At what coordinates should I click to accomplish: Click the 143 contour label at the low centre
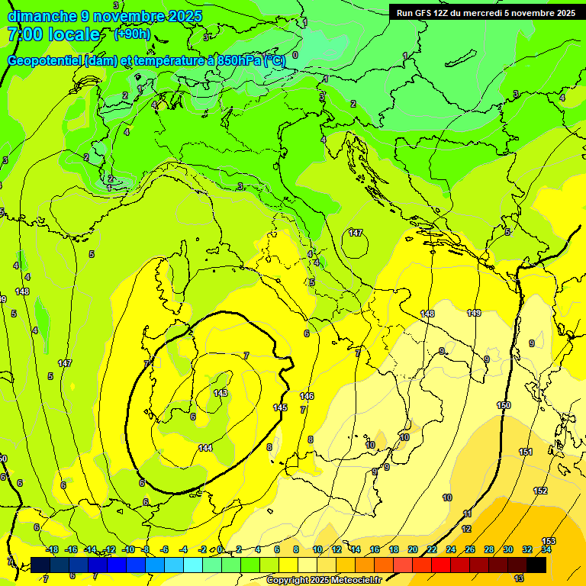click(221, 393)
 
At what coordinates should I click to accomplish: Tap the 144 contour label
click(204, 448)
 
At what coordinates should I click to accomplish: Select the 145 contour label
click(280, 408)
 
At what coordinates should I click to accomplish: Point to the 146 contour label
click(307, 396)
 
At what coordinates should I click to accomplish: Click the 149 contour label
click(474, 313)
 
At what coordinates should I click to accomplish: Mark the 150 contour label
click(504, 406)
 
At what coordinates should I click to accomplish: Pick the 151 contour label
click(526, 452)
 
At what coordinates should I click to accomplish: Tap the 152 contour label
click(540, 491)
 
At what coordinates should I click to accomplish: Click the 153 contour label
click(549, 541)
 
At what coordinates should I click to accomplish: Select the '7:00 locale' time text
click(53, 34)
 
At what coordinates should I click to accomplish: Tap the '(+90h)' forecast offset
click(132, 34)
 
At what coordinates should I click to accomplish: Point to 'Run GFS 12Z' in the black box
click(423, 13)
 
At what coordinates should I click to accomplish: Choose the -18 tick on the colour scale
click(52, 549)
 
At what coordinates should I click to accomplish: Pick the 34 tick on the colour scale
click(546, 549)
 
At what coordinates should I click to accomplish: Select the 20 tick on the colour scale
click(412, 549)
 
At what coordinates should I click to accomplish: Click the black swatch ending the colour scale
click(536, 565)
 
